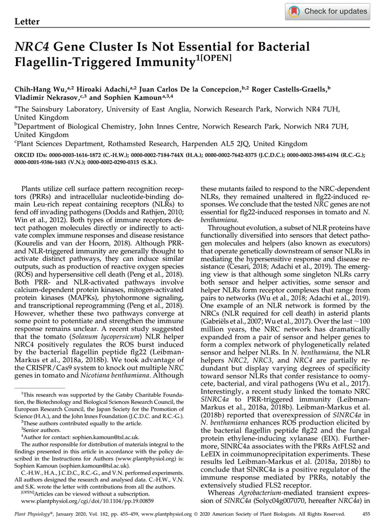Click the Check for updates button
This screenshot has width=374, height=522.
point(328,11)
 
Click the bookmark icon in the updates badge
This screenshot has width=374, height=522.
point(294,11)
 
